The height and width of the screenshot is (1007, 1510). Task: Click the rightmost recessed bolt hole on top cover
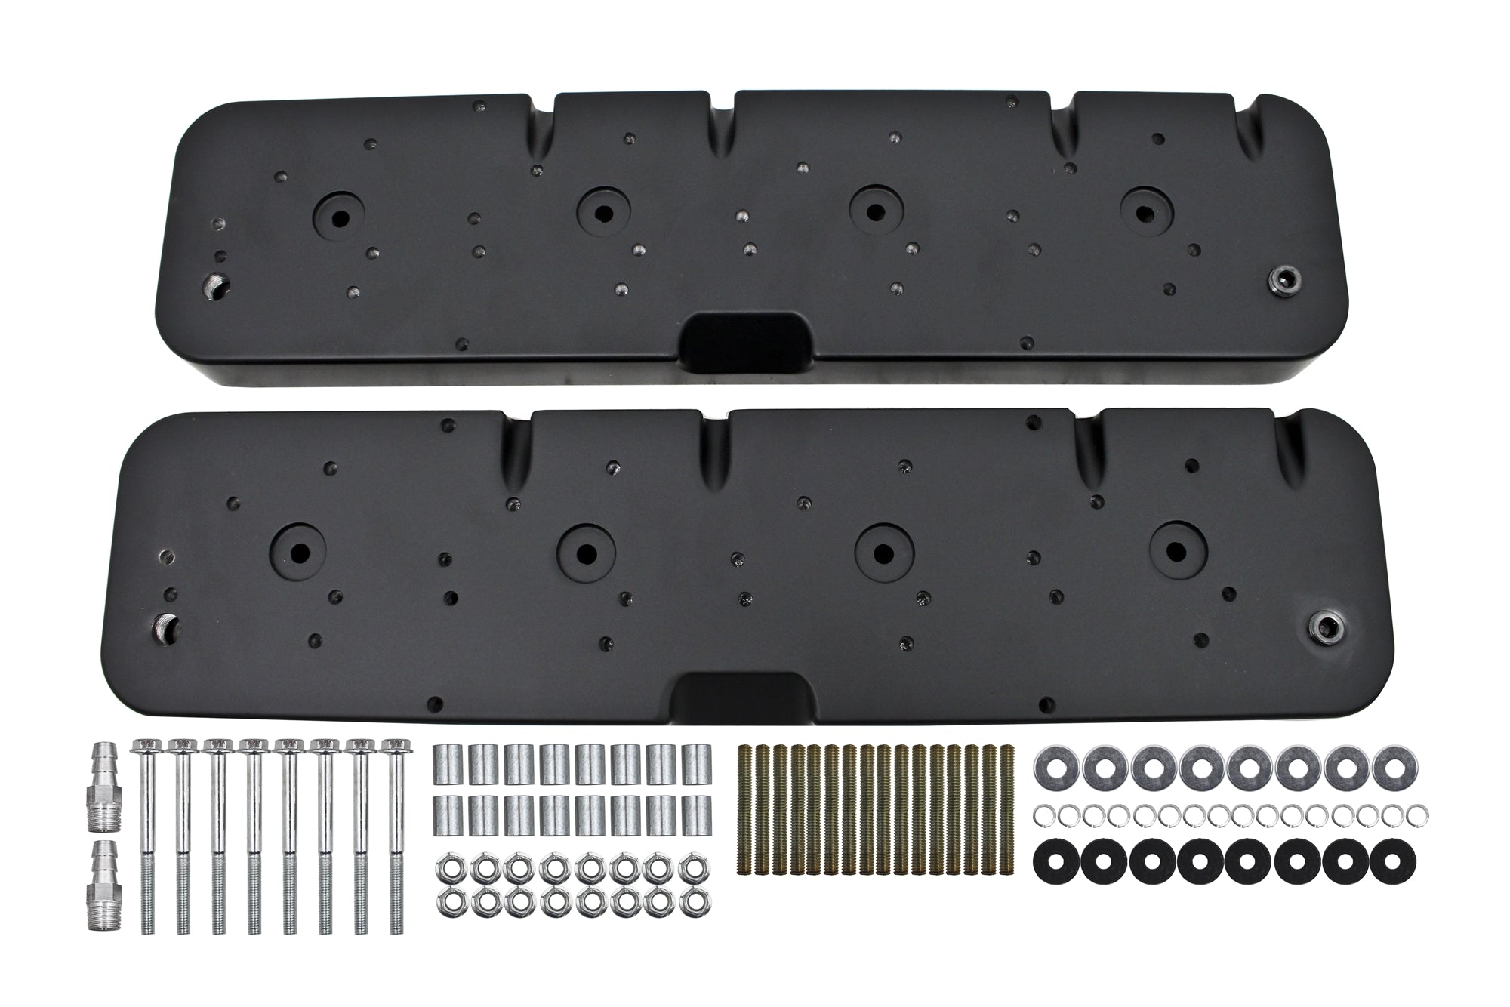coord(1144,213)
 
